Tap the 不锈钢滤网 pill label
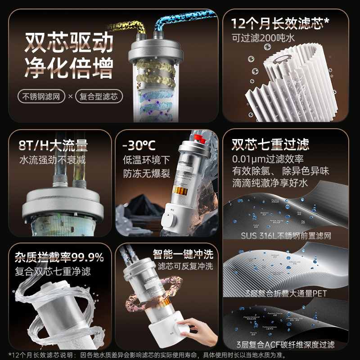point(38,97)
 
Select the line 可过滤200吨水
point(263,38)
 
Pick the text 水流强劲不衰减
point(54,160)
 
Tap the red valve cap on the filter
point(199,137)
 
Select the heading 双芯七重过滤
point(270,144)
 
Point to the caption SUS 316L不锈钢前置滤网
point(286,235)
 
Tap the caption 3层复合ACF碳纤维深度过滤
point(286,345)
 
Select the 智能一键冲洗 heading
point(183,254)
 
